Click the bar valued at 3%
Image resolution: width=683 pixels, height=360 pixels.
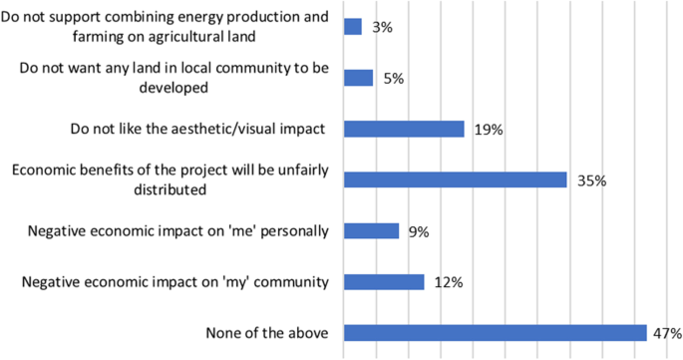tap(352, 27)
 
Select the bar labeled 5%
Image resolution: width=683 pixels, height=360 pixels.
tap(358, 78)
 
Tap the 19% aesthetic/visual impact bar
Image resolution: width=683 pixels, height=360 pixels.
tap(404, 129)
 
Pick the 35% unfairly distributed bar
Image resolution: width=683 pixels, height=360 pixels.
tap(455, 180)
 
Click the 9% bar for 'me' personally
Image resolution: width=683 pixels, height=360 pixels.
tap(371, 231)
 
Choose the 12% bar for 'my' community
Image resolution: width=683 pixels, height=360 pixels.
tap(384, 282)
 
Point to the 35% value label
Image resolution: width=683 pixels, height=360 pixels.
tap(590, 180)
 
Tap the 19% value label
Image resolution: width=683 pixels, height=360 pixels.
tap(488, 129)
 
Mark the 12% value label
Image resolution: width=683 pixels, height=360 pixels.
tap(449, 282)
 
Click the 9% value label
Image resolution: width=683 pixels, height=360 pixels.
tap(418, 231)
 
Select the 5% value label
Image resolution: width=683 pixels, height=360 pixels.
tap(392, 78)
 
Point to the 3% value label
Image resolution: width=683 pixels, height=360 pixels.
tap(381, 27)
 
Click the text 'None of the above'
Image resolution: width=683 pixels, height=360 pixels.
tap(267, 333)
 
